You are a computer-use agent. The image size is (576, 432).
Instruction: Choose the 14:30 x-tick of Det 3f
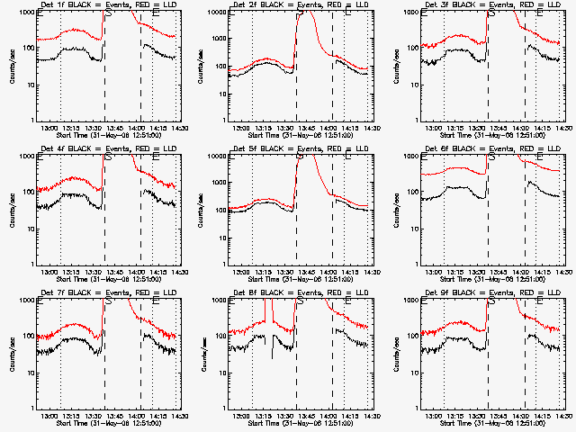click(x=563, y=128)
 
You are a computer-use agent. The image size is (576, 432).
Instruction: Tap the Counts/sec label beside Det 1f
click(x=12, y=65)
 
